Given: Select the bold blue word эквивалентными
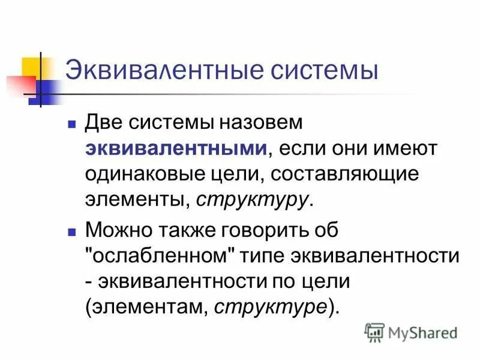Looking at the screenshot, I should tap(176, 148).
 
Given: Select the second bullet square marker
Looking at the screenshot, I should tap(71, 230).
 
